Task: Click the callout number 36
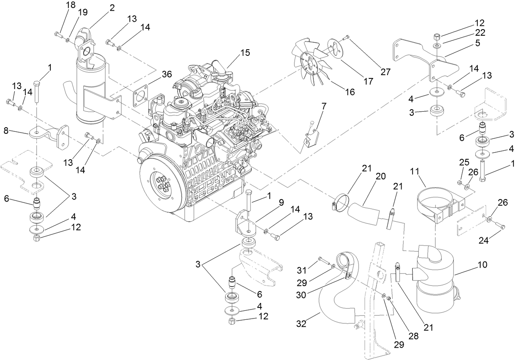pos(155,74)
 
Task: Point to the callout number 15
pos(245,53)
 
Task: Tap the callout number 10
pos(482,265)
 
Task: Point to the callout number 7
pos(324,106)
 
